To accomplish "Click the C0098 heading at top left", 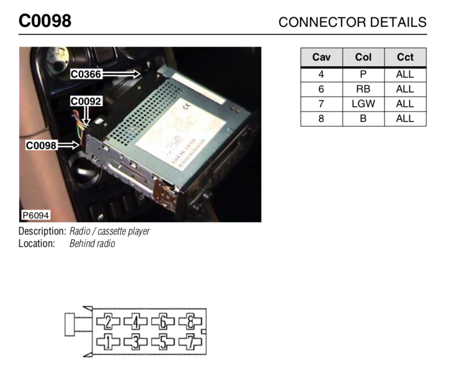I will pyautogui.click(x=45, y=21).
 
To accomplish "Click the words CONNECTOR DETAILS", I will pyautogui.click(x=352, y=22).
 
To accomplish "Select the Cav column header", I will pyautogui.click(x=321, y=58).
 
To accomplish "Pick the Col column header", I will pyautogui.click(x=363, y=58).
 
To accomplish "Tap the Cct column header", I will pyautogui.click(x=405, y=58).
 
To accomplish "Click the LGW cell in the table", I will pyautogui.click(x=363, y=104).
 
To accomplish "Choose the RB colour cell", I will pyautogui.click(x=363, y=89).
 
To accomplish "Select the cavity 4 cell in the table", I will pyautogui.click(x=321, y=74).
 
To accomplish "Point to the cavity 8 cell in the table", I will pyautogui.click(x=321, y=118).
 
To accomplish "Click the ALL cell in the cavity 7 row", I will pyautogui.click(x=405, y=104).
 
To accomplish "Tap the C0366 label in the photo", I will pyautogui.click(x=86, y=74).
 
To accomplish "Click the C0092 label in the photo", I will pyautogui.click(x=86, y=101).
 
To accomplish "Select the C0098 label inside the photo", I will pyautogui.click(x=41, y=146).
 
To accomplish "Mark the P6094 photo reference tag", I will pyautogui.click(x=36, y=215).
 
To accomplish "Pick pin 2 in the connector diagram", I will pyautogui.click(x=108, y=322).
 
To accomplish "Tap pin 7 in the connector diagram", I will pyautogui.click(x=190, y=341).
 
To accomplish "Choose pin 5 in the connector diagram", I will pyautogui.click(x=163, y=341).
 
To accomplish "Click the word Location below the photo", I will pyautogui.click(x=37, y=244).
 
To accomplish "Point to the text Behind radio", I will pyautogui.click(x=92, y=244).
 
